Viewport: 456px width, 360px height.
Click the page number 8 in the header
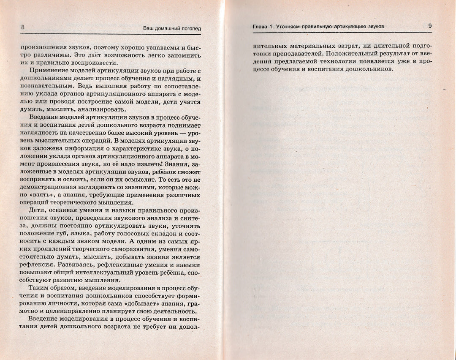(x=22, y=28)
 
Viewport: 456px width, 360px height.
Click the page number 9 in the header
(x=429, y=26)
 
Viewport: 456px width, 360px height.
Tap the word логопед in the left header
(x=189, y=29)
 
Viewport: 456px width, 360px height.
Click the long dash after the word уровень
(x=176, y=133)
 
